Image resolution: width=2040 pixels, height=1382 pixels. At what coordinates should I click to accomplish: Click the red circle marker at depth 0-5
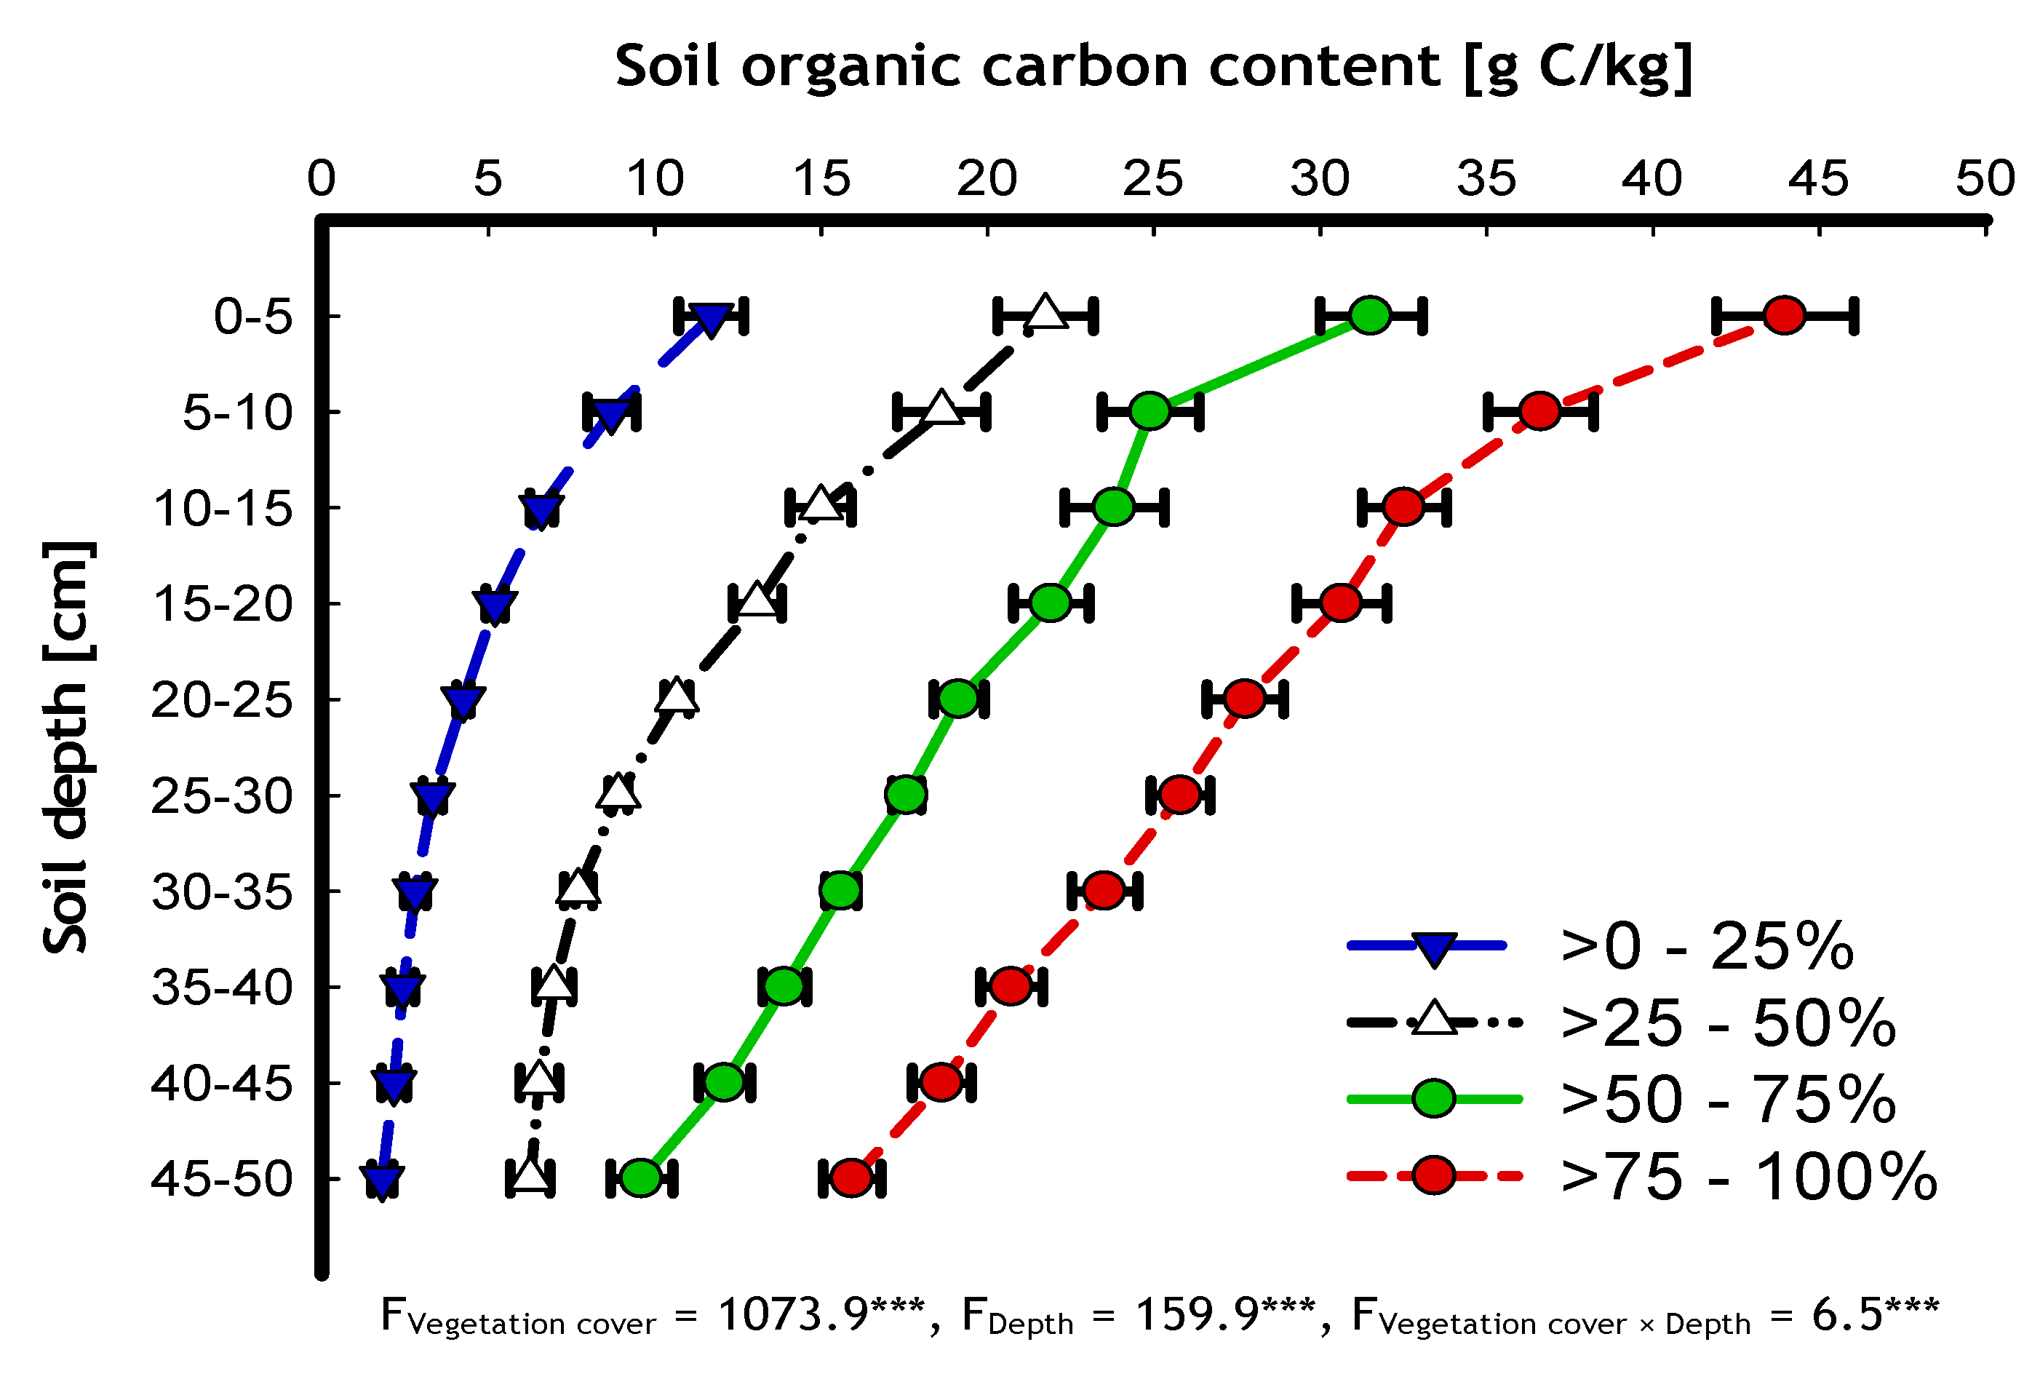[x=1784, y=314]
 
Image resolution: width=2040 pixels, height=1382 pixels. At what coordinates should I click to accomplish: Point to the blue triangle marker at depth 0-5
[x=710, y=319]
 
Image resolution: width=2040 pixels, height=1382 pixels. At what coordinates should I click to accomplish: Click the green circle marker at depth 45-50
[x=641, y=1178]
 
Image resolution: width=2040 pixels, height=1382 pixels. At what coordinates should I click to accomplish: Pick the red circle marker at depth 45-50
[x=850, y=1178]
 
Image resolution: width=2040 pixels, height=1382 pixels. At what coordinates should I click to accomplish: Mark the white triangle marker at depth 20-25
[x=677, y=696]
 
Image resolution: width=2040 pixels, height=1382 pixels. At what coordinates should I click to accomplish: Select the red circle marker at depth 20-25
[x=1244, y=699]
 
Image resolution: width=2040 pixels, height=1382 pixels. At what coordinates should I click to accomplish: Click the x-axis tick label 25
[x=1152, y=180]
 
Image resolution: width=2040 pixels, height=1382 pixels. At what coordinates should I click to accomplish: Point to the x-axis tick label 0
[x=322, y=180]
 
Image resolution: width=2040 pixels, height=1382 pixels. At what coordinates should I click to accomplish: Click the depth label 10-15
[x=222, y=509]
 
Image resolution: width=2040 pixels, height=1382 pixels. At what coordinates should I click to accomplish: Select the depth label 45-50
[x=221, y=1179]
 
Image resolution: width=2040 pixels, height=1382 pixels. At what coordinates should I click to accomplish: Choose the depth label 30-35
[x=221, y=893]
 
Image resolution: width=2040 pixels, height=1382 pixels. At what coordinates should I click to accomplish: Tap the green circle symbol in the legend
[x=1433, y=1098]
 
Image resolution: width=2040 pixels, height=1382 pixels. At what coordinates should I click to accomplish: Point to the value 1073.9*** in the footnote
[x=821, y=1315]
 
